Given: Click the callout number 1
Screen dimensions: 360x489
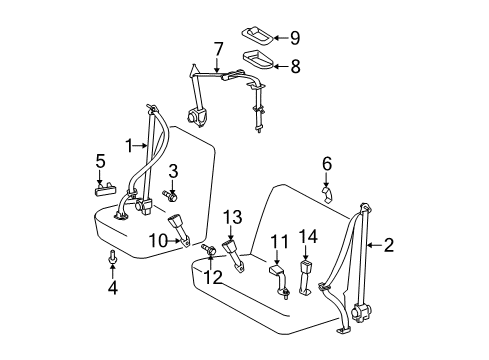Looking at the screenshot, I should [129, 144].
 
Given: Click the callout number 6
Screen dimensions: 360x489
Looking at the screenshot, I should [326, 162].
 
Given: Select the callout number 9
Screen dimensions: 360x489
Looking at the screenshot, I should [295, 38].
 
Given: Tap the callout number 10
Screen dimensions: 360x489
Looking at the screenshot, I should [156, 240].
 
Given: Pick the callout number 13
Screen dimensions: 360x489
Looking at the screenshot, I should [233, 218].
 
